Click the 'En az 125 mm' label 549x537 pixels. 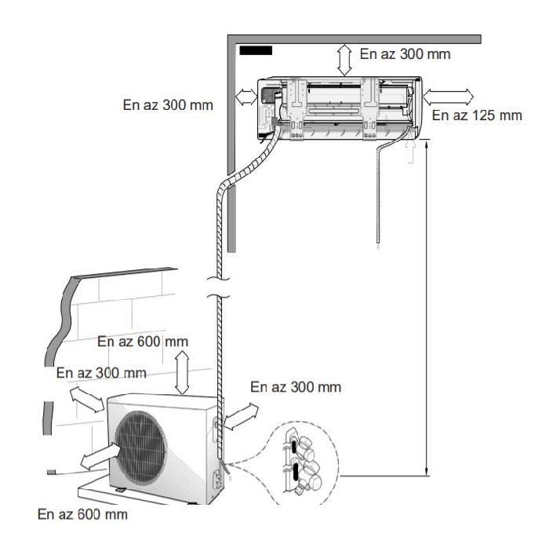coord(477,115)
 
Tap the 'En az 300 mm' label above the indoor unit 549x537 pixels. coord(405,54)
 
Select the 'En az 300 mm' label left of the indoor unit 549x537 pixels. coord(168,104)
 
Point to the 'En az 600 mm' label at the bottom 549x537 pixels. coord(82,514)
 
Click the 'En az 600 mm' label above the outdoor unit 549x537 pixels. coord(143,342)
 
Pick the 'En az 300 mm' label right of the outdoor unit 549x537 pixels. coord(296,387)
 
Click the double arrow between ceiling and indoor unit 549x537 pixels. coord(344,60)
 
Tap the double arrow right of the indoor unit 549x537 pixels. coord(448,97)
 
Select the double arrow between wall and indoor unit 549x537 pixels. coord(246,97)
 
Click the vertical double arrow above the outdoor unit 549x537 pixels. coord(182,372)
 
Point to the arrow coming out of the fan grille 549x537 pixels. coord(100,456)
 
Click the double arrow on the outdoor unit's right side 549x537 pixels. coord(242,416)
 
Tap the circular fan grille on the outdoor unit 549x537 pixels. coord(140,447)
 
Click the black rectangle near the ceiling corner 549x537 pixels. coord(256,50)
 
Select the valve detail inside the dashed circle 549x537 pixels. coord(303,462)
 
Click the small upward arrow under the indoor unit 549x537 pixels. coord(411,152)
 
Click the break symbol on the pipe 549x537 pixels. coord(219,288)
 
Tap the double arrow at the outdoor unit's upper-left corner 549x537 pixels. coord(87,399)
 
